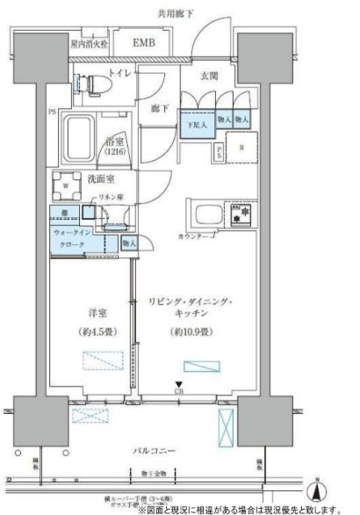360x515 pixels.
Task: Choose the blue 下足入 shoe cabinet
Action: click(x=195, y=122)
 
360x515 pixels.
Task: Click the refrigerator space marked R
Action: click(x=241, y=146)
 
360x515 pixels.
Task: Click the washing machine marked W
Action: click(x=67, y=186)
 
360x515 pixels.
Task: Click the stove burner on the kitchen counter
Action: click(x=238, y=214)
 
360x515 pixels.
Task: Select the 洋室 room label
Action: click(x=85, y=309)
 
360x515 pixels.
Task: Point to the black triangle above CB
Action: click(x=181, y=384)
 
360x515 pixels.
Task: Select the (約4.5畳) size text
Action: click(x=86, y=332)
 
